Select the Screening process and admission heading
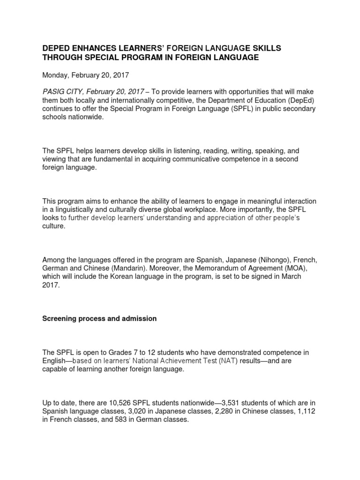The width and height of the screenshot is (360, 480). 99,318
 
